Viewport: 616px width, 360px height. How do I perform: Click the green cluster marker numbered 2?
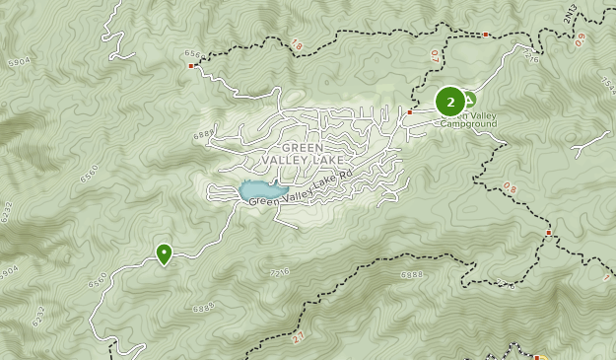(x=450, y=102)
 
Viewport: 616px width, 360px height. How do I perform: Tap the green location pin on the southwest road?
(x=164, y=253)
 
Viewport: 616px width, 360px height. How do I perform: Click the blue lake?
(x=259, y=190)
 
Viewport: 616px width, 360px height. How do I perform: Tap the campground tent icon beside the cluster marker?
(x=470, y=99)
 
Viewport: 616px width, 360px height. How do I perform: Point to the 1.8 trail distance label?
(x=297, y=44)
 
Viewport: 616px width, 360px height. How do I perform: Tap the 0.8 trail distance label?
(x=510, y=186)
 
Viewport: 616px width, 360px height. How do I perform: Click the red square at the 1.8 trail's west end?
(x=191, y=66)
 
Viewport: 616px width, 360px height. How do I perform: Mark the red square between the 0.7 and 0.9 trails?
(x=486, y=35)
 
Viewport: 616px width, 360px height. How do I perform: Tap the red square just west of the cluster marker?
(x=410, y=112)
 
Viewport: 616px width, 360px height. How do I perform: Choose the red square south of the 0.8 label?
(x=549, y=233)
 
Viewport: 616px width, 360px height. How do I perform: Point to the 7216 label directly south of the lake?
(x=279, y=271)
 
